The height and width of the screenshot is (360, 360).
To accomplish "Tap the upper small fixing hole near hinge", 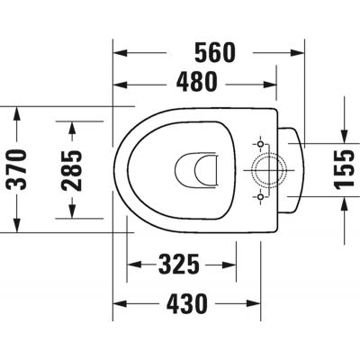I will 260,144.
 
